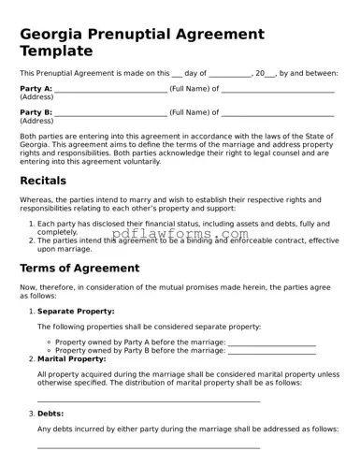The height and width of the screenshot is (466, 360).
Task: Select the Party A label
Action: coord(36,89)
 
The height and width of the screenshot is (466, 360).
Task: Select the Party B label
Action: coord(36,112)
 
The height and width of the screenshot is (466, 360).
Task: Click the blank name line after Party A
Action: coord(110,91)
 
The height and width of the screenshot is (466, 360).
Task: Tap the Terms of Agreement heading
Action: coord(79,268)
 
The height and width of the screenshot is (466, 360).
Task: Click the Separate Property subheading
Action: coord(76,311)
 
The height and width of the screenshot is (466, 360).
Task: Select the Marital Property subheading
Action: coord(71,358)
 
